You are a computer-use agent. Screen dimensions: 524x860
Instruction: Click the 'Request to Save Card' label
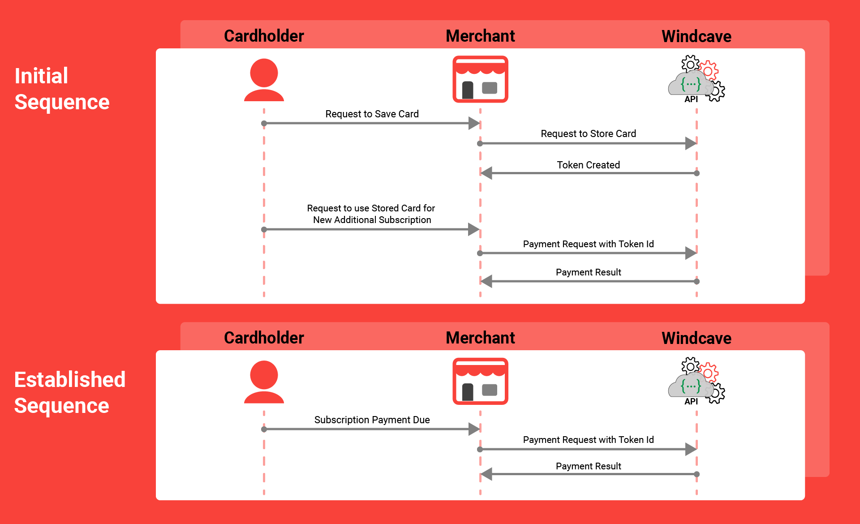[372, 114]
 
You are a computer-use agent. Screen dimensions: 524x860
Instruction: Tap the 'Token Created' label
[588, 165]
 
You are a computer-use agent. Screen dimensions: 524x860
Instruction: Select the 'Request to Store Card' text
[588, 133]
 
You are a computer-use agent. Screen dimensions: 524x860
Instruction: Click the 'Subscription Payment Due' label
[372, 420]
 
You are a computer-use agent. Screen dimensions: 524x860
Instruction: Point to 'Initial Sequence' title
[62, 89]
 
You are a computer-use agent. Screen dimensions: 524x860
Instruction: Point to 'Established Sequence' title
[69, 392]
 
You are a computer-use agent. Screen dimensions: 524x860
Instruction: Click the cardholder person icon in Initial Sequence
[264, 80]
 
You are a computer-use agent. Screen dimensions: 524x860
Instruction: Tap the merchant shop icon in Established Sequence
[480, 381]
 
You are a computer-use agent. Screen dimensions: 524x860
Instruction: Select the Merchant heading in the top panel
[480, 36]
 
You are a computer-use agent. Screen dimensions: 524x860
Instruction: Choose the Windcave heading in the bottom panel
[696, 338]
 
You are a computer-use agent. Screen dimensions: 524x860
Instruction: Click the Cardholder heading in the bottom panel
[264, 338]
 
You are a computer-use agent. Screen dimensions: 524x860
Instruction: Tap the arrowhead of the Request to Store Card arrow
[691, 143]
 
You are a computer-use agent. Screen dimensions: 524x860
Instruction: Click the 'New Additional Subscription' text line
[372, 220]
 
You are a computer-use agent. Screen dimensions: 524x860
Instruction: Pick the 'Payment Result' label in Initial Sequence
[588, 272]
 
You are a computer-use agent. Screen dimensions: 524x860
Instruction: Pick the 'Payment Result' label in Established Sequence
[588, 466]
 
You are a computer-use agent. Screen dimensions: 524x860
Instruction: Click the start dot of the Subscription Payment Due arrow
[264, 429]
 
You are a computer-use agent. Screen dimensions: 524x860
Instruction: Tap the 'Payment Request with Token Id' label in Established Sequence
[588, 440]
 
